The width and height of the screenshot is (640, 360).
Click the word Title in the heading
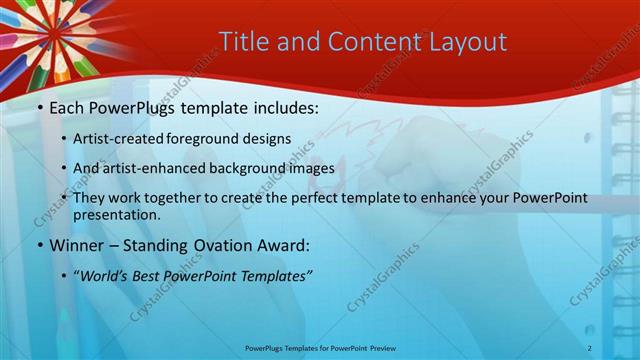tap(242, 41)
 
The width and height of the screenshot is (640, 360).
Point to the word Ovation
tap(222, 244)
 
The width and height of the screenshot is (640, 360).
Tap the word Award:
tap(286, 244)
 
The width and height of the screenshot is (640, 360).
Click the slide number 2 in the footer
tap(590, 347)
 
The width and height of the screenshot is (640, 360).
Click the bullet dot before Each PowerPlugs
tap(38, 106)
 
